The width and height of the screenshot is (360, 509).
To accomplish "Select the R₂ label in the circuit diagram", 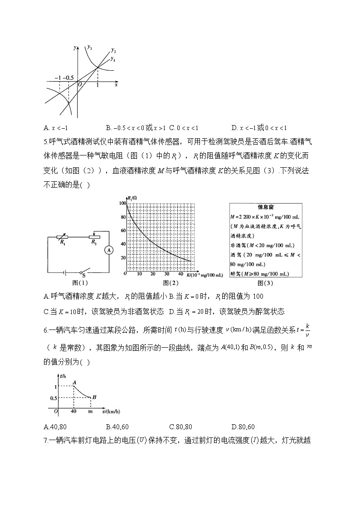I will tap(93, 242).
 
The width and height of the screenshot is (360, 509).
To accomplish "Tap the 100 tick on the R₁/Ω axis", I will tap(121, 204).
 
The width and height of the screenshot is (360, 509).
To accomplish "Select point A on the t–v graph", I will tap(74, 382).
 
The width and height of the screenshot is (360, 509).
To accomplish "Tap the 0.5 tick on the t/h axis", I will tap(54, 398).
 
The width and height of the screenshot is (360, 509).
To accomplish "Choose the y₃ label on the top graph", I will tap(90, 47).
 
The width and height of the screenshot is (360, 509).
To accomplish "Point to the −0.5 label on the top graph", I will tap(69, 78).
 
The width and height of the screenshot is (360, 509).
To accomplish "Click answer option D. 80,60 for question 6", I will tap(243, 427).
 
